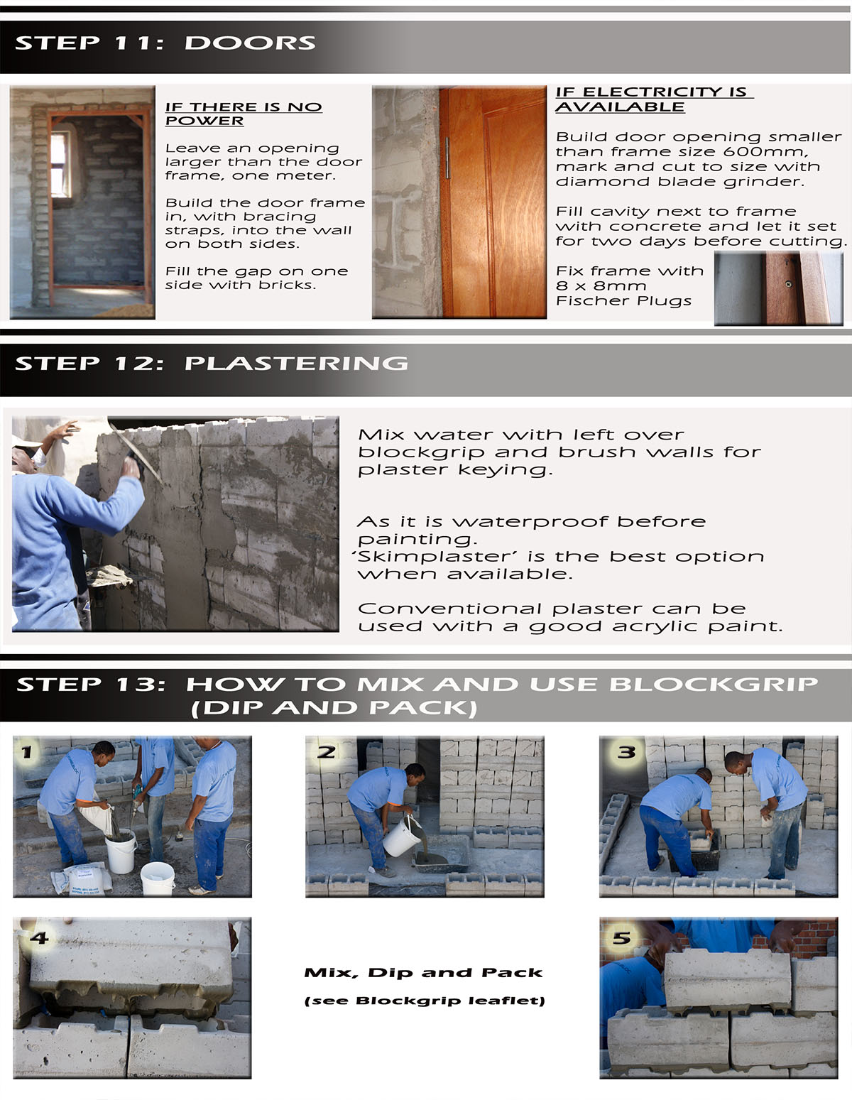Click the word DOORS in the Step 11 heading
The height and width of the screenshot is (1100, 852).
coord(250,43)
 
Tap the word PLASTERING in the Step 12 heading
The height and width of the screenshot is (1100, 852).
coord(296,364)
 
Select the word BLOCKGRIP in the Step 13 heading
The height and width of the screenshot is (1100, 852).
coord(714,685)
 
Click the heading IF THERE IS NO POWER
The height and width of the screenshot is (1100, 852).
coord(244,114)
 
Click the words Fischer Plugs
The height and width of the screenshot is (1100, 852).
coord(623,301)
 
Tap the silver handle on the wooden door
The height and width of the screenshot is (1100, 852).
coord(447,158)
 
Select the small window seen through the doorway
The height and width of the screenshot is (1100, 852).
coord(60,164)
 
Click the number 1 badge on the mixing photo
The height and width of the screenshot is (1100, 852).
coord(27,752)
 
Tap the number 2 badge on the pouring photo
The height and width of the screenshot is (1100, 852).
coord(326,752)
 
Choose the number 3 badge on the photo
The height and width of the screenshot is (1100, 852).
coord(626,752)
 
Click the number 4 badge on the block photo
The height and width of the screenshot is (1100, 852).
coord(40,938)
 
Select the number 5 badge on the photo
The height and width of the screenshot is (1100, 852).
coord(622,938)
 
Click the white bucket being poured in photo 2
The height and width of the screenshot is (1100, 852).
coord(402,836)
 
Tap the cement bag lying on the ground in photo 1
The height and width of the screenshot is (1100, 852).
coord(81,880)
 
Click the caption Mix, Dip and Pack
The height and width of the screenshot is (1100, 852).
coord(423,973)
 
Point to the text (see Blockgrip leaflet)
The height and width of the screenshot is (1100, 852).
coord(425,1001)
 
